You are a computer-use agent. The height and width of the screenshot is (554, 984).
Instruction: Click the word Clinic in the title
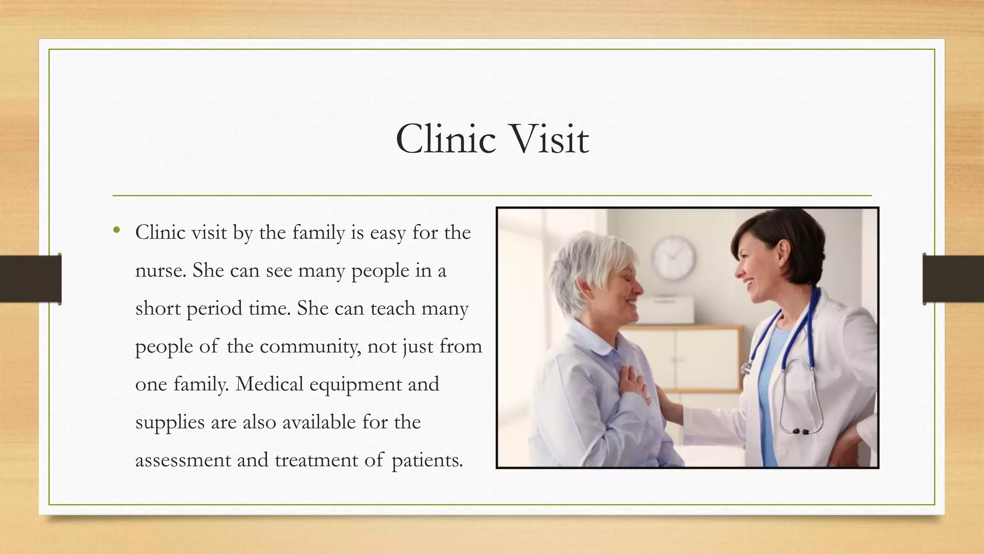[x=445, y=139]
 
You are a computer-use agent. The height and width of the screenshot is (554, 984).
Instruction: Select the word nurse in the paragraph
[x=160, y=271]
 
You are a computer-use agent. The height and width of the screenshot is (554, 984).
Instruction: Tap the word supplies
[x=170, y=423]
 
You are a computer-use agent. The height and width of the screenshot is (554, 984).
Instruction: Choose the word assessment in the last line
[x=183, y=460]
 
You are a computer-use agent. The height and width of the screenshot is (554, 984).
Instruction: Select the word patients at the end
[x=427, y=460]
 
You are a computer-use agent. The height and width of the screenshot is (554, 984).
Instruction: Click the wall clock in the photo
[x=673, y=258]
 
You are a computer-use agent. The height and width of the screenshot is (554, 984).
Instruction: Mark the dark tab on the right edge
[x=953, y=279]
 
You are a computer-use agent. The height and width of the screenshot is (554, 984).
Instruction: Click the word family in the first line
[x=319, y=233]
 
